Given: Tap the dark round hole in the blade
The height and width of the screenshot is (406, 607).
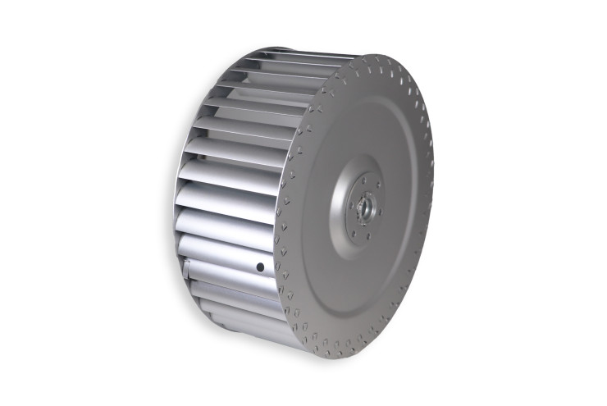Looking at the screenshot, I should pos(260,267).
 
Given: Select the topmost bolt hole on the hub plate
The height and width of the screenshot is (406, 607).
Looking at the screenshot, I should pos(363,180).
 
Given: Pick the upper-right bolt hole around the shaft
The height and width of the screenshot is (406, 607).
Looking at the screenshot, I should pos(378,185).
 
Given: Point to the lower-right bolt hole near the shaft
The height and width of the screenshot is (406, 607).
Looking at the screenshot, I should pos(380,212).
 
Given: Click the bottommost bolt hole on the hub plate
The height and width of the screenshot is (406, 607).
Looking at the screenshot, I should pos(368,236).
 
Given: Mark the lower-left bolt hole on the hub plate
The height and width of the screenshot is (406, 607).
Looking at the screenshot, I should pos(354,234).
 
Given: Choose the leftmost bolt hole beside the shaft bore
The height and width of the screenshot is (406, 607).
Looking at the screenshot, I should pos(351,205).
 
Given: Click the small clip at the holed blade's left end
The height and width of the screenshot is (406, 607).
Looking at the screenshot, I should pos(187,267).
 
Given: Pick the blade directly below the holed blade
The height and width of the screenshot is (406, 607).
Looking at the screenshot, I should pos(234,293).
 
